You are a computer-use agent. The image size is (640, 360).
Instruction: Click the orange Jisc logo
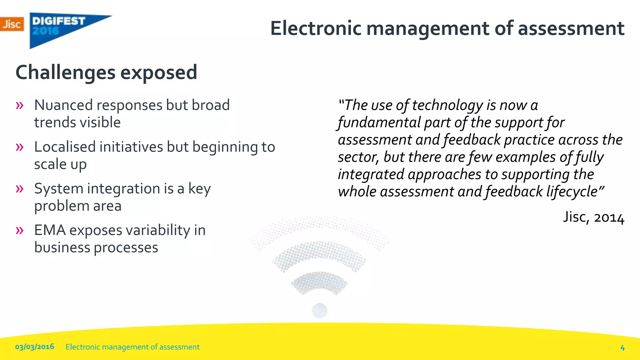12,24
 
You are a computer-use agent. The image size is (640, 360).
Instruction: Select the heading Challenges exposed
106,72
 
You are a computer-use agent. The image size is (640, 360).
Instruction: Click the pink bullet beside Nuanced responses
19,105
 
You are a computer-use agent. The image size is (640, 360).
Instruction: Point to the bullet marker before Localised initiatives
19,147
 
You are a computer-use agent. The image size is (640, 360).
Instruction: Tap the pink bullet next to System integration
19,189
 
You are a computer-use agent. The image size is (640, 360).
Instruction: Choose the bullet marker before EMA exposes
19,230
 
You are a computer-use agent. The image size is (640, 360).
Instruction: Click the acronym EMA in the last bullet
50,230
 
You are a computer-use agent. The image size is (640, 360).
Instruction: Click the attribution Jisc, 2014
594,217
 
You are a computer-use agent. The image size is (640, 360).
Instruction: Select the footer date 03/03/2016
35,347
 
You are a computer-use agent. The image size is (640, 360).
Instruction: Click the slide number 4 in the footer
622,347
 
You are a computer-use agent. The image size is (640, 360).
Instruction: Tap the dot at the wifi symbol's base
319,311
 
